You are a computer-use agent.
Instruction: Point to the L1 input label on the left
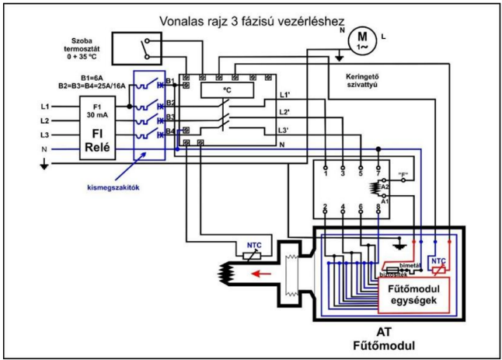[45, 106]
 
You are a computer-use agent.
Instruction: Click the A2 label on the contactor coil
[386, 187]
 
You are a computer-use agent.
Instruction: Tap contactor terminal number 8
[378, 207]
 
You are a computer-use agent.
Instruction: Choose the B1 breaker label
[170, 79]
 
